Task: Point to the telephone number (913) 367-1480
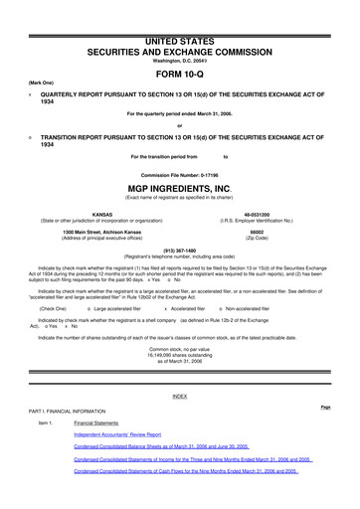179,251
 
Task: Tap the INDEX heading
179,396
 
